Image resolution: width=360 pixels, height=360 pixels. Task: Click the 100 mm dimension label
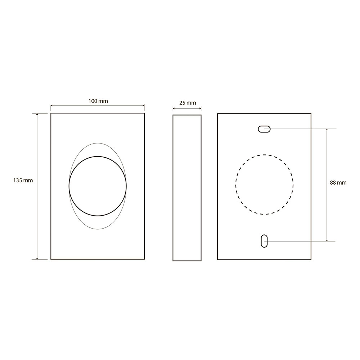coord(98,101)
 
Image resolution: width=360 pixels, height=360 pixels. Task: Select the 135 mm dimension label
coord(23,180)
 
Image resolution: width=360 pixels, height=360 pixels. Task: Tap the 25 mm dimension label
coord(188,103)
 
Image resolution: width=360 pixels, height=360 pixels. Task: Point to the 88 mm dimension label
coord(338,183)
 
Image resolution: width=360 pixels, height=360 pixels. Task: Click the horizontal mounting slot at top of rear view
coord(264,129)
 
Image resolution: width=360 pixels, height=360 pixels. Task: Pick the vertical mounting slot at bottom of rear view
coord(264,241)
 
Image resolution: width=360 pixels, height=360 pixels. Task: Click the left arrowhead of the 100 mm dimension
coord(51,105)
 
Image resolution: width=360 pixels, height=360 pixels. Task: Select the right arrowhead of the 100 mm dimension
coord(143,105)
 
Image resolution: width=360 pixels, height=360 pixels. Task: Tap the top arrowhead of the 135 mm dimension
coord(37,114)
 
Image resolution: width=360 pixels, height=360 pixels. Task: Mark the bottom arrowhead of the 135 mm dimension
coord(37,258)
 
